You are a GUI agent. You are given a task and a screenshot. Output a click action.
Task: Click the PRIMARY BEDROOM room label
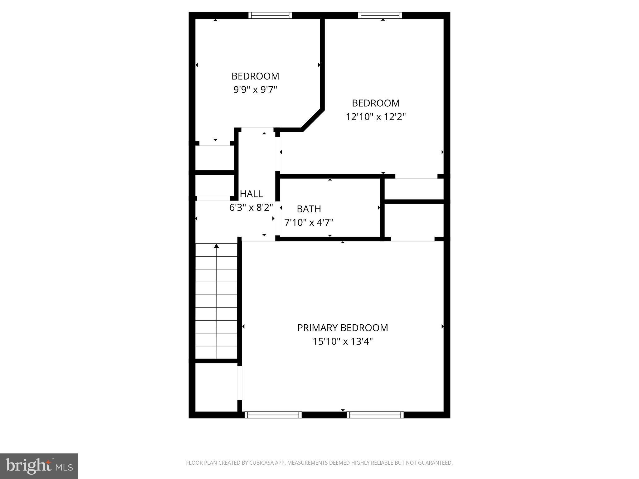pos(342,328)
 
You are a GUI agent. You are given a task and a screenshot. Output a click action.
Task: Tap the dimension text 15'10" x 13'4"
pos(343,341)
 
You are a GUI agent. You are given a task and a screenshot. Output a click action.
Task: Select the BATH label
pos(309,209)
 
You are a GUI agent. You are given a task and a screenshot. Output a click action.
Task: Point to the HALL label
pos(251,194)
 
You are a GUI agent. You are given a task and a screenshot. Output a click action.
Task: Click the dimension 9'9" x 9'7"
pos(255,90)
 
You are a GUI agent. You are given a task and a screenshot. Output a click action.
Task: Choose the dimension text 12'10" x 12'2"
pos(376,117)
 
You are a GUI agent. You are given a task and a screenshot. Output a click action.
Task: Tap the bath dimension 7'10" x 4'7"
pos(309,223)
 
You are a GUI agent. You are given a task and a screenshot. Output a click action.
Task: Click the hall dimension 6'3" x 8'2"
pos(251,207)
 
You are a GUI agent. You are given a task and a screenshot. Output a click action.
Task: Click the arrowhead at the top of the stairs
pos(216,246)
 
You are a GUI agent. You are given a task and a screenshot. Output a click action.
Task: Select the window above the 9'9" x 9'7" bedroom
pos(270,15)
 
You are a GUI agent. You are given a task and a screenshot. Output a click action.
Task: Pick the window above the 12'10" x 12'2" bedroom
pos(380,15)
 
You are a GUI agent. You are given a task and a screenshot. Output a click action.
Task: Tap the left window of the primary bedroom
pos(273,415)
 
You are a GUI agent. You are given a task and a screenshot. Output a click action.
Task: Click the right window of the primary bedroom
pos(375,415)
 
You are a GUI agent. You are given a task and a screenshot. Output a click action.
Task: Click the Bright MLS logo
pos(39,466)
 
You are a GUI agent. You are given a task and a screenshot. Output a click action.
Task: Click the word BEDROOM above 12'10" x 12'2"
pos(376,103)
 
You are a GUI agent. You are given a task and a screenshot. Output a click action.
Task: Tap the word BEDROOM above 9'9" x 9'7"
pos(255,76)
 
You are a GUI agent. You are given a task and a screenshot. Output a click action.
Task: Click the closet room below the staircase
pos(216,387)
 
